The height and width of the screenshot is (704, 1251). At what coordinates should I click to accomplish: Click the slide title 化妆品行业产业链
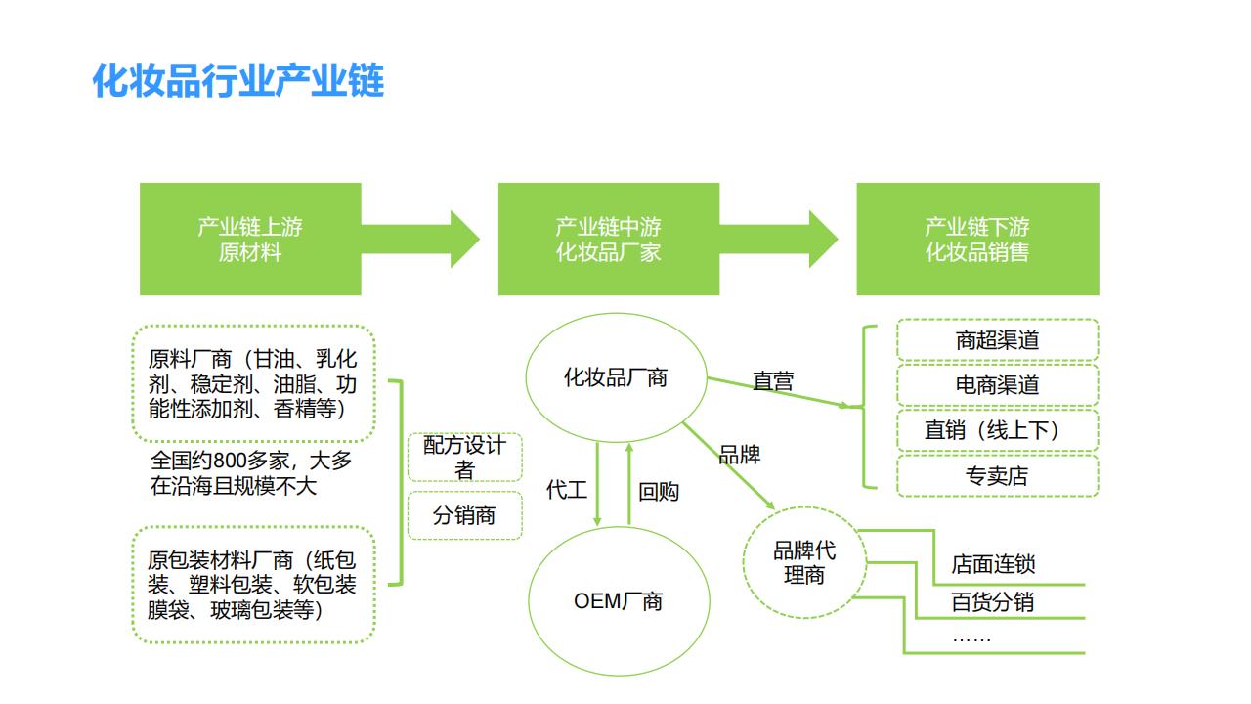(x=238, y=81)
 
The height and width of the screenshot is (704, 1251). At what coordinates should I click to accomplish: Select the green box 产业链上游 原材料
(x=250, y=240)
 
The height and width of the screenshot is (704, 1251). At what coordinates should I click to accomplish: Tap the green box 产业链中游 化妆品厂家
(x=608, y=240)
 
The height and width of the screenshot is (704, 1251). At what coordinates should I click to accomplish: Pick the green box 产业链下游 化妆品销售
(x=977, y=240)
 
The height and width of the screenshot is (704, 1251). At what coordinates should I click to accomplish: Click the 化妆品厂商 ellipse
(x=616, y=378)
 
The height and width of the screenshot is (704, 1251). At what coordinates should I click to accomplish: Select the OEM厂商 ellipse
(x=618, y=600)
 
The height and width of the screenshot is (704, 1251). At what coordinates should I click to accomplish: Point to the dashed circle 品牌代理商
(x=804, y=563)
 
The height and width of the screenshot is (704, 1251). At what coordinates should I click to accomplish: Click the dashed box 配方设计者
(x=464, y=458)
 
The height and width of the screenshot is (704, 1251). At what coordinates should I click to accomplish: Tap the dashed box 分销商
(x=464, y=515)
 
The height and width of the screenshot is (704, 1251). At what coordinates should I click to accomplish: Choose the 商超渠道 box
(x=997, y=340)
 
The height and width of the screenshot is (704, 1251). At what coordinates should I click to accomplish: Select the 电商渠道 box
(x=997, y=385)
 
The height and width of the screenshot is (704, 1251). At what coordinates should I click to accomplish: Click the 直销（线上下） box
(x=997, y=430)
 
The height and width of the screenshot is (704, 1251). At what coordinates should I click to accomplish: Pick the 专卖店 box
(x=997, y=476)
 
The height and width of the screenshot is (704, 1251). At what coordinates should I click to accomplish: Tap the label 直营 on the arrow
(x=773, y=381)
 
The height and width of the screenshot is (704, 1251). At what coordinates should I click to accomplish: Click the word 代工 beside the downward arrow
(x=566, y=490)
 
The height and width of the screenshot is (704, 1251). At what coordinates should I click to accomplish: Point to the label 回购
(x=659, y=492)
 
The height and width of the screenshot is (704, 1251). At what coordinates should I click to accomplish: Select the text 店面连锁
(x=993, y=565)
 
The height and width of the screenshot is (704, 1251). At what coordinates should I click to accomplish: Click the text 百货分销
(x=992, y=602)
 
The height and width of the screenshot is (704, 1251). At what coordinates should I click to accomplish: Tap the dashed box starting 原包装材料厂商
(x=252, y=585)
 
